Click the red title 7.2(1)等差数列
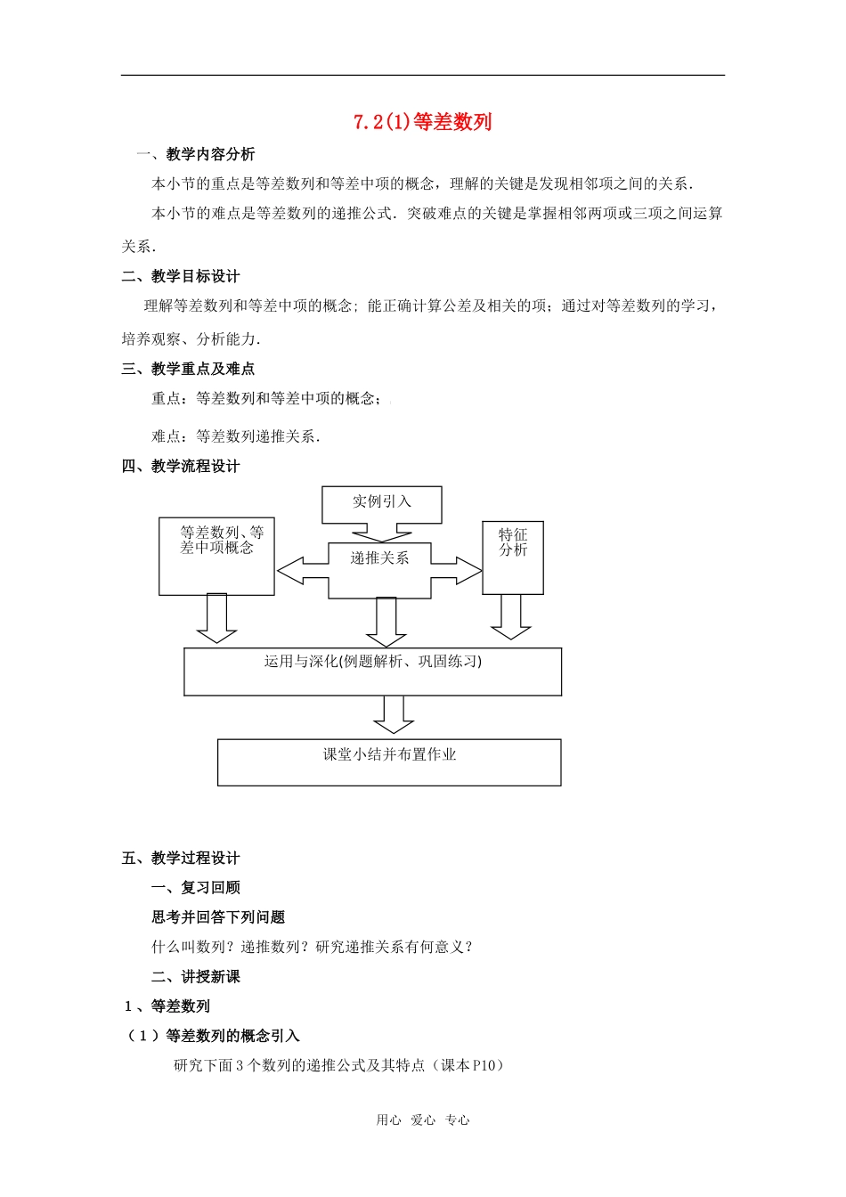422,122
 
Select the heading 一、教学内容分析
195,154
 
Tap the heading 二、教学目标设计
181,276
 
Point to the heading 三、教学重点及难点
188,369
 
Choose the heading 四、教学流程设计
181,466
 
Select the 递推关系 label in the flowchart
379,558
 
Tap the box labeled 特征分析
513,557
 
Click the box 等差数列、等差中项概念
216,556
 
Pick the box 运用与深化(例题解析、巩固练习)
372,671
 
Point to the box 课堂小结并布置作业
389,761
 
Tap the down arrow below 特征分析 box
511,616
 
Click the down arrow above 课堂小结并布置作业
393,714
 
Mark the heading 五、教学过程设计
181,859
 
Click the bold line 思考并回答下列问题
218,917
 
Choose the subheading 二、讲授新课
196,977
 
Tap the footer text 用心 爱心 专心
423,1120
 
